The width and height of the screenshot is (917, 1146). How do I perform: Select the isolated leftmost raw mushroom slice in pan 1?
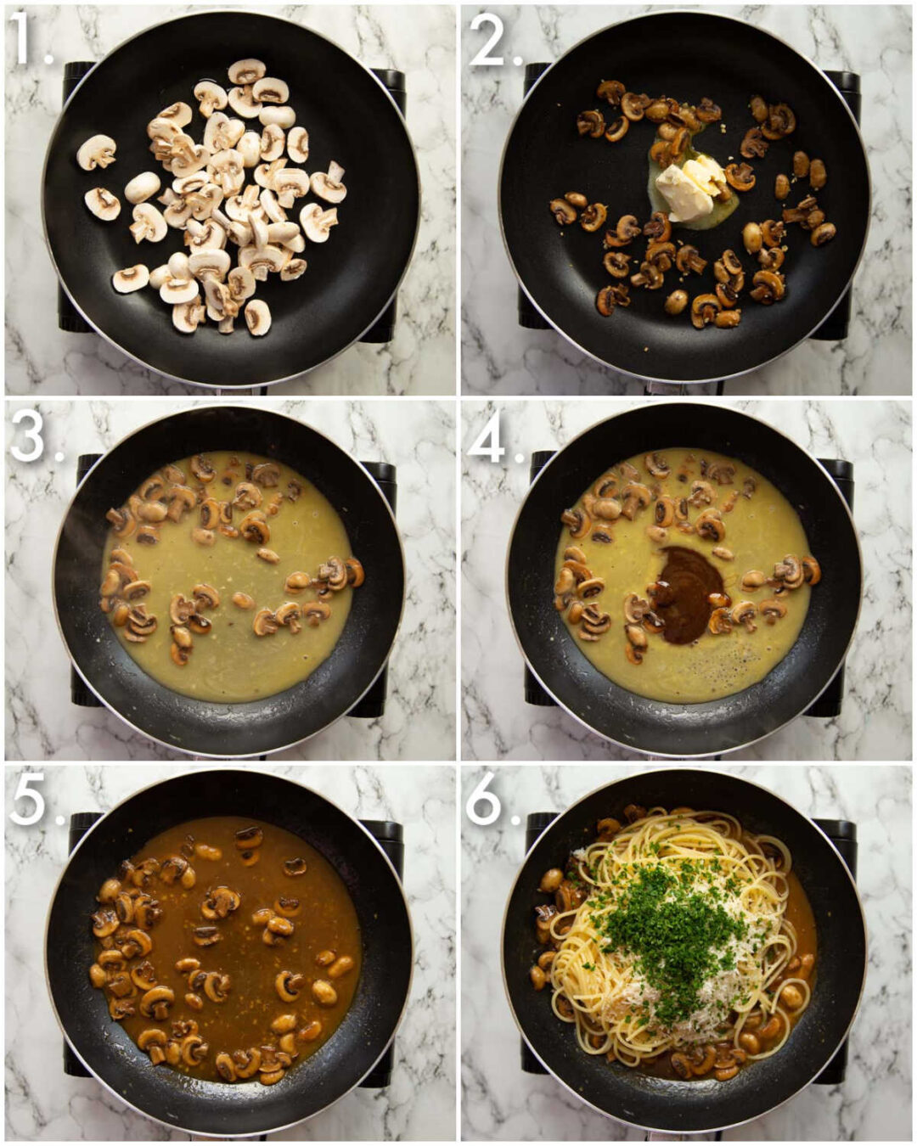coord(96,152)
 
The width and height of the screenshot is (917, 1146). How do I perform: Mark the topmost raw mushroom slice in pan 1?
coord(247,70)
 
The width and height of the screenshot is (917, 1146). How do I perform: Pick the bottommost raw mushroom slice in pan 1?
coord(258,318)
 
